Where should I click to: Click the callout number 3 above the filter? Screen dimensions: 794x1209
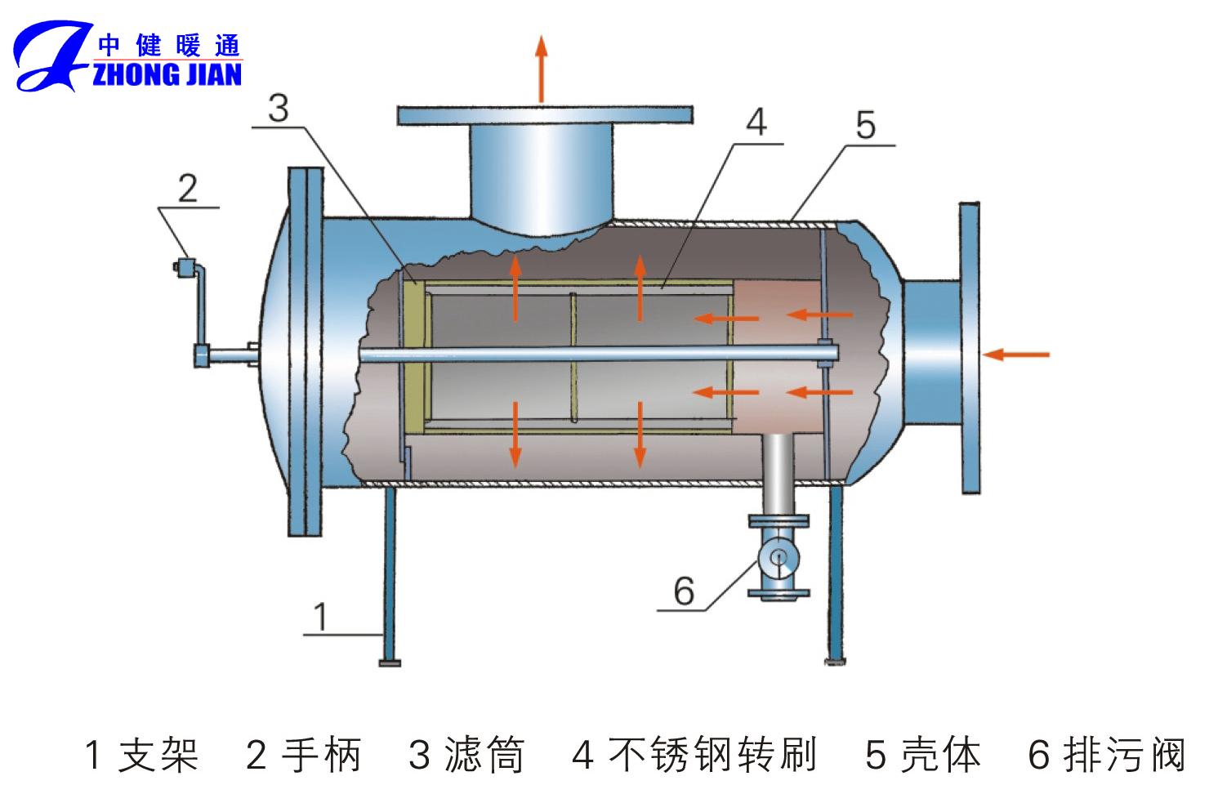[279, 109]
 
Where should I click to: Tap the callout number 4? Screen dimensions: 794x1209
[756, 123]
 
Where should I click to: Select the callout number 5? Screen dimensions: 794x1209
[865, 126]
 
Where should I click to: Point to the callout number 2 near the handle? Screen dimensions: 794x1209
[188, 189]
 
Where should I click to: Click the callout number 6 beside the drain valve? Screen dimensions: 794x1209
[684, 591]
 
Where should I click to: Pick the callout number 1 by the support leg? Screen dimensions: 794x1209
[320, 617]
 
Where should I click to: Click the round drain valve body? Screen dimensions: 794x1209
[778, 558]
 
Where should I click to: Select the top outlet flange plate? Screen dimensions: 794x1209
[545, 115]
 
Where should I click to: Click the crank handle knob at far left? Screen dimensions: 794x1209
[185, 266]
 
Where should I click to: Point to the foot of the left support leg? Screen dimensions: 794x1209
[390, 662]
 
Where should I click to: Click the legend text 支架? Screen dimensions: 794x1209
[158, 755]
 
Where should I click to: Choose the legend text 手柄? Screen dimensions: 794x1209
[321, 755]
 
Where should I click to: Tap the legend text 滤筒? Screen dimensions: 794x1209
[484, 755]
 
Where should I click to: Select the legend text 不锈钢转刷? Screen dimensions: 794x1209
[712, 755]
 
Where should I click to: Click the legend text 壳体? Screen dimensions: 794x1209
[940, 755]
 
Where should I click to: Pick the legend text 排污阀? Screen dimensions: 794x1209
[1126, 755]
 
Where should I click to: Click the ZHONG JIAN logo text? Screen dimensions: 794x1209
[167, 74]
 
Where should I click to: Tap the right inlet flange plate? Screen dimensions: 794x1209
[970, 348]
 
